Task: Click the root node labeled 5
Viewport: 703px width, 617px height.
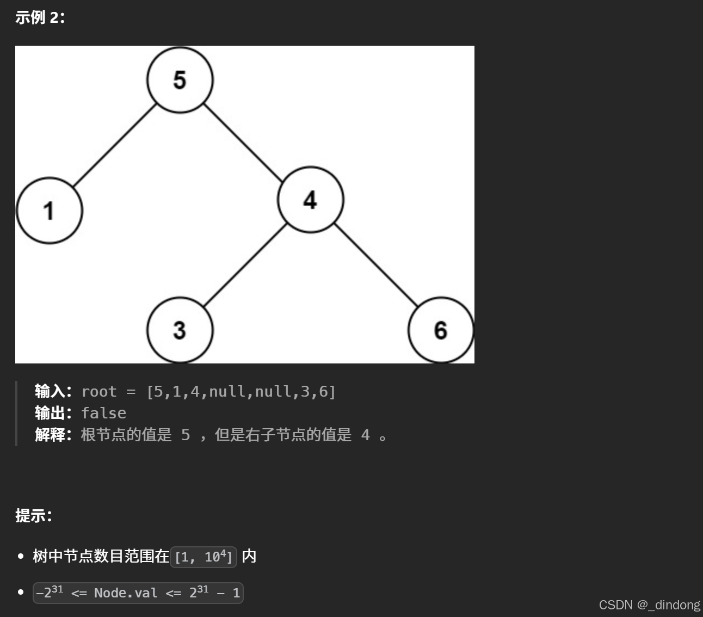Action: click(180, 80)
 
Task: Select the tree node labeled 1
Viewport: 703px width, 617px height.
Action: click(50, 211)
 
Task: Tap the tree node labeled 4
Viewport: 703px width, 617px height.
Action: click(310, 200)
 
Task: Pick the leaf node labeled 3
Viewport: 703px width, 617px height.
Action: click(180, 330)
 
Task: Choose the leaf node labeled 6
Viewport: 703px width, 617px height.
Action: click(441, 330)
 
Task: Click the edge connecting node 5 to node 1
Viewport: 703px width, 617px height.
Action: click(115, 145)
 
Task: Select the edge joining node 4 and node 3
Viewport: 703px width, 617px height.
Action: click(245, 265)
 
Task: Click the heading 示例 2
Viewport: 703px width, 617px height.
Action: click(40, 17)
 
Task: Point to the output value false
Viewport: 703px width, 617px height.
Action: click(103, 413)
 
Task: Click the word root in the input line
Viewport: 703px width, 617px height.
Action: click(99, 392)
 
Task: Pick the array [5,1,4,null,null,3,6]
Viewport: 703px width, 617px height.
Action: click(241, 392)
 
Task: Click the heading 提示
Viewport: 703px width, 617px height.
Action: click(33, 515)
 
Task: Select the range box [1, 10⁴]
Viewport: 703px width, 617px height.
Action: click(203, 557)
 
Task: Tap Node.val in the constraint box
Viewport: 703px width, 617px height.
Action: click(126, 593)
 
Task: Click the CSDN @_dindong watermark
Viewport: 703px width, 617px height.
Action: click(649, 605)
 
